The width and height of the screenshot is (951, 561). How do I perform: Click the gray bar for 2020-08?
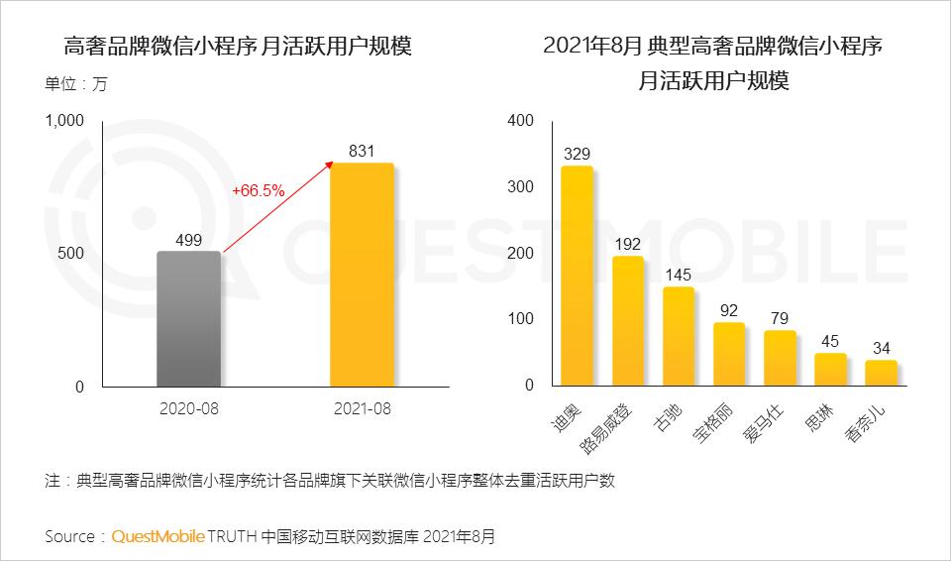pos(188,318)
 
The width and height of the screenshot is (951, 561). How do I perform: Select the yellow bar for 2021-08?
pos(362,275)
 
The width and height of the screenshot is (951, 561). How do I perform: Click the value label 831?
pos(362,151)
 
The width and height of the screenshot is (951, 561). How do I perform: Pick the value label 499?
pos(188,239)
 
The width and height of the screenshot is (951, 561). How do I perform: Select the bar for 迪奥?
pos(577,276)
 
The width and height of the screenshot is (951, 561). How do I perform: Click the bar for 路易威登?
pos(627,320)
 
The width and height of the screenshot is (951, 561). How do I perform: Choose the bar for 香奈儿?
pos(880,373)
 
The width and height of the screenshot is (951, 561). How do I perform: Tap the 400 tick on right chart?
pos(520,121)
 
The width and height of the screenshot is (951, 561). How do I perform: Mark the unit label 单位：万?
pos(75,84)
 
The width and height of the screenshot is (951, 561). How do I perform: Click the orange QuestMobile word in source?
pos(158,536)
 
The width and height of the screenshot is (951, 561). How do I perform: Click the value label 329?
pos(577,154)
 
